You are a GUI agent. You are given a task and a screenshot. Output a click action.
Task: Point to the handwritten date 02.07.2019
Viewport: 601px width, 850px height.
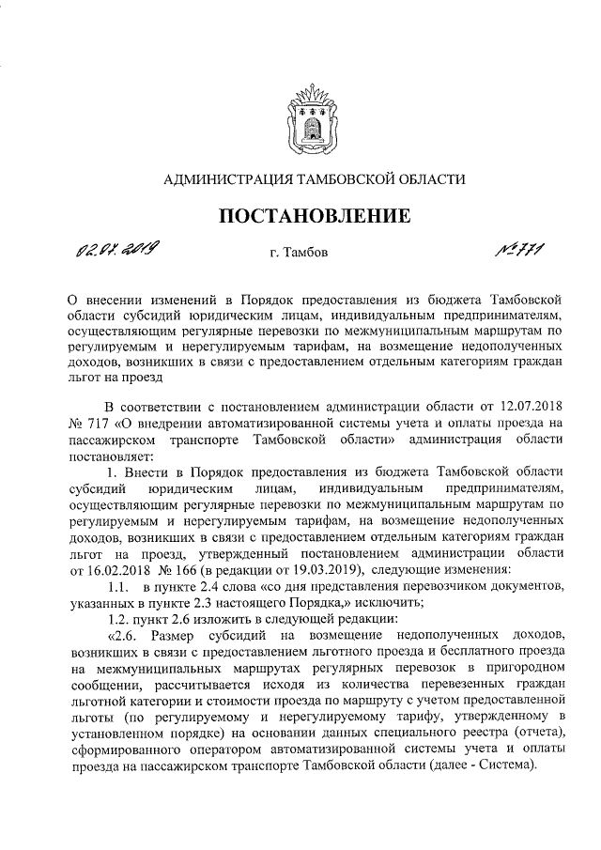(117, 248)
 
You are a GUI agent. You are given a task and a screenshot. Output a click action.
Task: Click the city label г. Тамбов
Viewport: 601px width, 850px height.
(299, 253)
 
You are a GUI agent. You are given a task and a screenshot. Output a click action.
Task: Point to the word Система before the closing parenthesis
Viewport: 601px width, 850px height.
(508, 765)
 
